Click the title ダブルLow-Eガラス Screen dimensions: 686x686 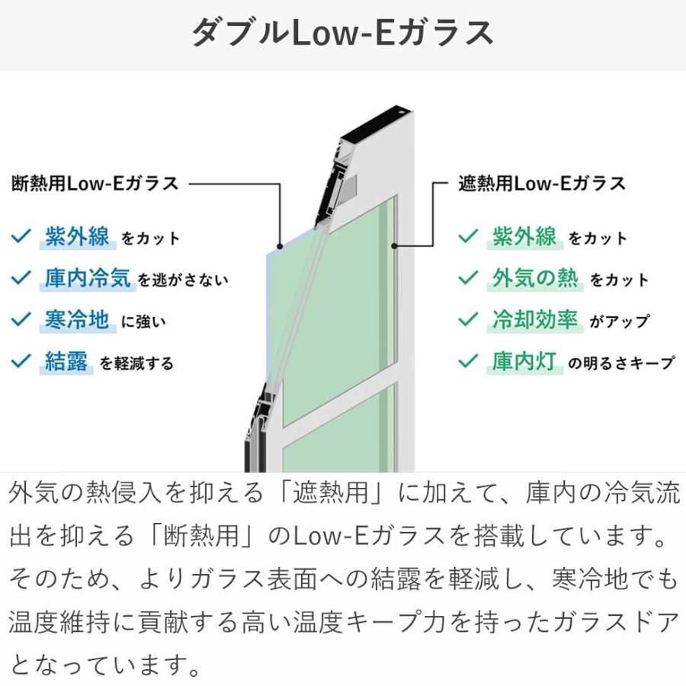[342, 33]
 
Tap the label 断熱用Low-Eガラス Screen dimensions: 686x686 [95, 183]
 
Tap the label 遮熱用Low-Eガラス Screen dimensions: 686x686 [542, 183]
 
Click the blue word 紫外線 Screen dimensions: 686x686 [78, 237]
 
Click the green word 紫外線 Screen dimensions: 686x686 [524, 237]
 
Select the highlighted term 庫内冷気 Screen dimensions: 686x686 [88, 278]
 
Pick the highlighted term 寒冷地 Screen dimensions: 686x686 [77, 320]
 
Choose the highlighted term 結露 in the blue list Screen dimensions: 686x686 [66, 361]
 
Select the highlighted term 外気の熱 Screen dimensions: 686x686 [534, 278]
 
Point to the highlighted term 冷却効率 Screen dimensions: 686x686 [534, 320]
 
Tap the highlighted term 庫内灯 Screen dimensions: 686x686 [524, 361]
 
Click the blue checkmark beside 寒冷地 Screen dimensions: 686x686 [21, 319]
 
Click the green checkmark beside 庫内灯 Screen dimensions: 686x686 [468, 361]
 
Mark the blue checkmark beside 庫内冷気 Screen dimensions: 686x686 [21, 277]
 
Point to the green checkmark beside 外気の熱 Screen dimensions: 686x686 [468, 277]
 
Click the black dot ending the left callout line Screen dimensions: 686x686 [280, 246]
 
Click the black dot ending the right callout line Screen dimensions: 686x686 [394, 246]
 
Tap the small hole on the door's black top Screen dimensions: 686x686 [400, 113]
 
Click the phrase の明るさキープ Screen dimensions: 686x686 [621, 363]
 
